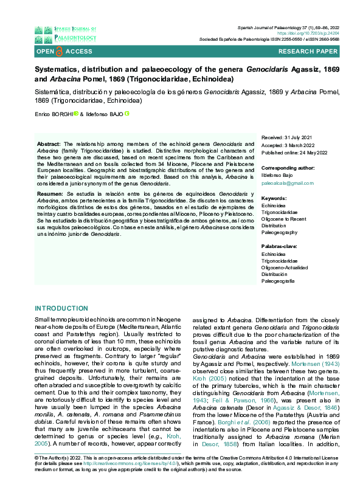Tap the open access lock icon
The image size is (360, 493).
tap(59, 52)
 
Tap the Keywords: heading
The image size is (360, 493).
tap(274, 198)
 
